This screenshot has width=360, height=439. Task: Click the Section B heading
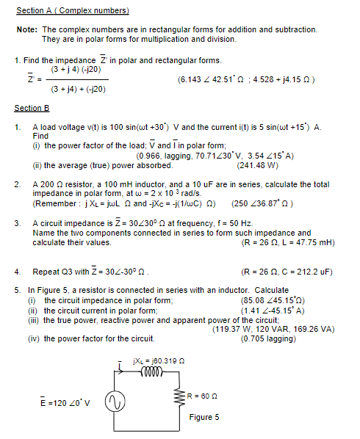[32, 108]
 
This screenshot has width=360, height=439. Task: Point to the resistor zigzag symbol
[183, 396]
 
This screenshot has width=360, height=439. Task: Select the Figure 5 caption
[204, 417]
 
